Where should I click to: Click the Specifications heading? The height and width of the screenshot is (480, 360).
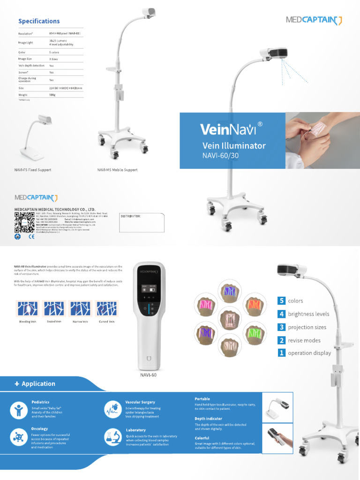pyautogui.click(x=39, y=21)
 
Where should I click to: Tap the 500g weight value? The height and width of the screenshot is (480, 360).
pyautogui.click(x=52, y=95)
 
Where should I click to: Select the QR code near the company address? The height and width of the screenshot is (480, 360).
pyautogui.click(x=24, y=222)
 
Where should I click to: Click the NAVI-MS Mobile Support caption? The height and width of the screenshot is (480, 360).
pyautogui.click(x=117, y=170)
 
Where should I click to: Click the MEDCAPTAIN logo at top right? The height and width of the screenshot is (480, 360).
pyautogui.click(x=314, y=20)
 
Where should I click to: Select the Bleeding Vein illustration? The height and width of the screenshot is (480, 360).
pyautogui.click(x=28, y=308)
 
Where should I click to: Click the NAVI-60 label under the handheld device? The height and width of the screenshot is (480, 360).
pyautogui.click(x=148, y=375)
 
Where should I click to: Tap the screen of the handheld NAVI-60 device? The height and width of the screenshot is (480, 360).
pyautogui.click(x=149, y=292)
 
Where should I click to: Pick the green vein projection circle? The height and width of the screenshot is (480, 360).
pyautogui.click(x=255, y=334)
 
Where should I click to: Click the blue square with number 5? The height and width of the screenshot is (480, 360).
pyautogui.click(x=281, y=300)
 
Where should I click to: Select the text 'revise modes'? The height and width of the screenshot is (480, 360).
pyautogui.click(x=304, y=340)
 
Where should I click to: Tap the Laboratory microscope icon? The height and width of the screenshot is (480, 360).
pyautogui.click(x=112, y=436)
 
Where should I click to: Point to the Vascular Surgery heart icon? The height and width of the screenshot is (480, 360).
pyautogui.click(x=112, y=408)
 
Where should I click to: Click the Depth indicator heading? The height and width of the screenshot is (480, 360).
pyautogui.click(x=208, y=419)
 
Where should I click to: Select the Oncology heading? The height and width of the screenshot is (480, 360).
pyautogui.click(x=39, y=428)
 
